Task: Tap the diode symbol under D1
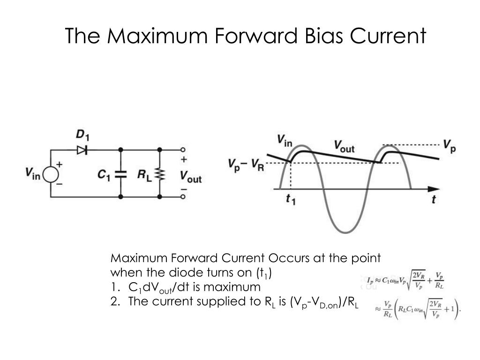(83, 150)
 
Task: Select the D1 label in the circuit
(83, 135)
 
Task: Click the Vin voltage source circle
(51, 174)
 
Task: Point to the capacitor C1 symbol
(121, 174)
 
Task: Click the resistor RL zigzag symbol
(160, 174)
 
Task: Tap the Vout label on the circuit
(190, 177)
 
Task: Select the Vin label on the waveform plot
(285, 139)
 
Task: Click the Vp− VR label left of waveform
(247, 165)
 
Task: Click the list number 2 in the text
(114, 301)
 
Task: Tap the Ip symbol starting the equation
(370, 280)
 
